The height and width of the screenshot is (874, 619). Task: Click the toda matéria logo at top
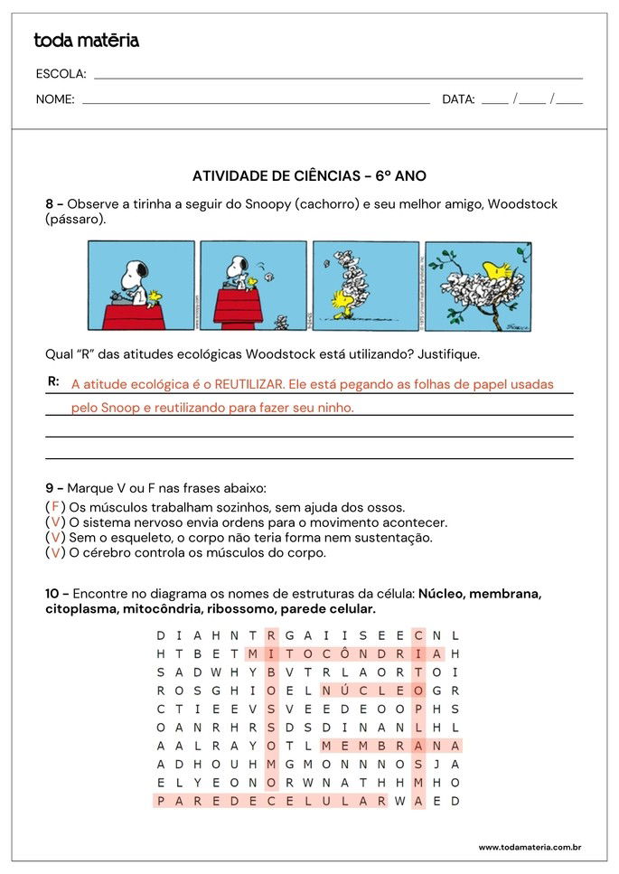point(86,41)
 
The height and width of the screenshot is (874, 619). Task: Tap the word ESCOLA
point(61,74)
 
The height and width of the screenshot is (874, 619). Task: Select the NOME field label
point(55,99)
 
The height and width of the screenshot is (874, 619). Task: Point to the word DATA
point(458,99)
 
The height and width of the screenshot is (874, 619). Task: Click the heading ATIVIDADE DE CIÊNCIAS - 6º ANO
point(309,176)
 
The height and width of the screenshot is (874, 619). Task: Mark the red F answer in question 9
point(55,506)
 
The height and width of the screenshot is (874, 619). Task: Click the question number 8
point(51,204)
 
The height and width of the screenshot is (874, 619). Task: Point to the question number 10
point(53,594)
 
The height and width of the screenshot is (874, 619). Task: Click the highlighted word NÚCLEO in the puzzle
point(372,691)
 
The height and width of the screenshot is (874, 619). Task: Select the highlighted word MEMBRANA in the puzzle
point(391,746)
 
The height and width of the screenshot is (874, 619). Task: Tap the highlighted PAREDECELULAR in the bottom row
point(271,801)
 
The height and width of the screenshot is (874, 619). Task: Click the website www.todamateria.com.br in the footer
point(529,847)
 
